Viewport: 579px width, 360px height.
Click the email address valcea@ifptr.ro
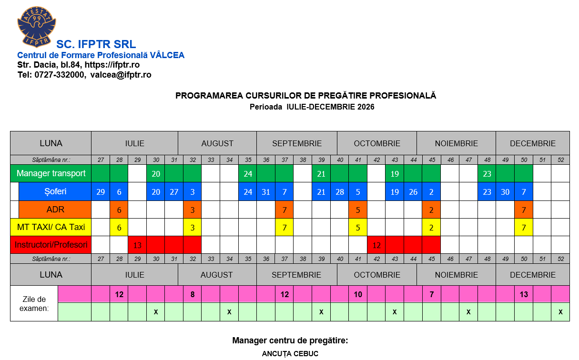coord(121,75)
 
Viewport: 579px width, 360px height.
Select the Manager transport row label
coord(51,173)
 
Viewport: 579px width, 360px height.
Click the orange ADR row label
coord(55,210)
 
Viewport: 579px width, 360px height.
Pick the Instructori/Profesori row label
coord(51,245)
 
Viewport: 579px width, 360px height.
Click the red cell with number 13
coord(138,245)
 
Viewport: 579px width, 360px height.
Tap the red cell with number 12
coord(376,245)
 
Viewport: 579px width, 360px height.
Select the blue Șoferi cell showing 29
coord(101,192)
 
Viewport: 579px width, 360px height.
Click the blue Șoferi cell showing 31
coord(266,192)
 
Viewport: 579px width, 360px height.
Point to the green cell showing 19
coord(395,174)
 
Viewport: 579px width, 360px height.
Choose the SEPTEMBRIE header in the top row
coord(297,143)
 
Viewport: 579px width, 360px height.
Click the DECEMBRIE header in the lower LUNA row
coord(532,275)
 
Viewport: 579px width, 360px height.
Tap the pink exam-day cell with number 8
coord(193,294)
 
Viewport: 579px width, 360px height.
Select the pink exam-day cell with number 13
coord(523,294)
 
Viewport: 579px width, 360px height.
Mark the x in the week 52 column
coord(560,312)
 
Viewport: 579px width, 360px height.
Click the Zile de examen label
coord(34,303)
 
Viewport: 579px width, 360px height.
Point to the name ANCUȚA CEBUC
coord(290,354)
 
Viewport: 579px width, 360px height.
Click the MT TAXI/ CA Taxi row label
coord(51,227)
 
